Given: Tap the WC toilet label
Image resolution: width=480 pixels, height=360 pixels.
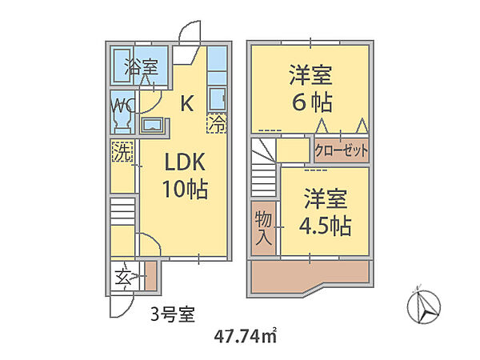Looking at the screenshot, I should coord(122,105).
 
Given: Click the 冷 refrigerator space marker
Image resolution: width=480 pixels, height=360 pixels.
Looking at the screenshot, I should coord(217,124).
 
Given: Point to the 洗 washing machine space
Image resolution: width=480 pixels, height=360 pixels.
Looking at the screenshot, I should coord(122,151).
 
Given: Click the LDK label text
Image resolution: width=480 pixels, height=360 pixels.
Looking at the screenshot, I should coord(186,162).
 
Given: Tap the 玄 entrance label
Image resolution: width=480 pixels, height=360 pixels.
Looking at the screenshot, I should coord(122,280).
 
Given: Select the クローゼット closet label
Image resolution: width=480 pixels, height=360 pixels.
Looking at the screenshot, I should coord(342,150).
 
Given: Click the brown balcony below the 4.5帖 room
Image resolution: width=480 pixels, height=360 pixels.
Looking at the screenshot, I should coord(308,276).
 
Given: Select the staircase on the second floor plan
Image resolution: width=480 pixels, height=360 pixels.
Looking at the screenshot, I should coord(265,173).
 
